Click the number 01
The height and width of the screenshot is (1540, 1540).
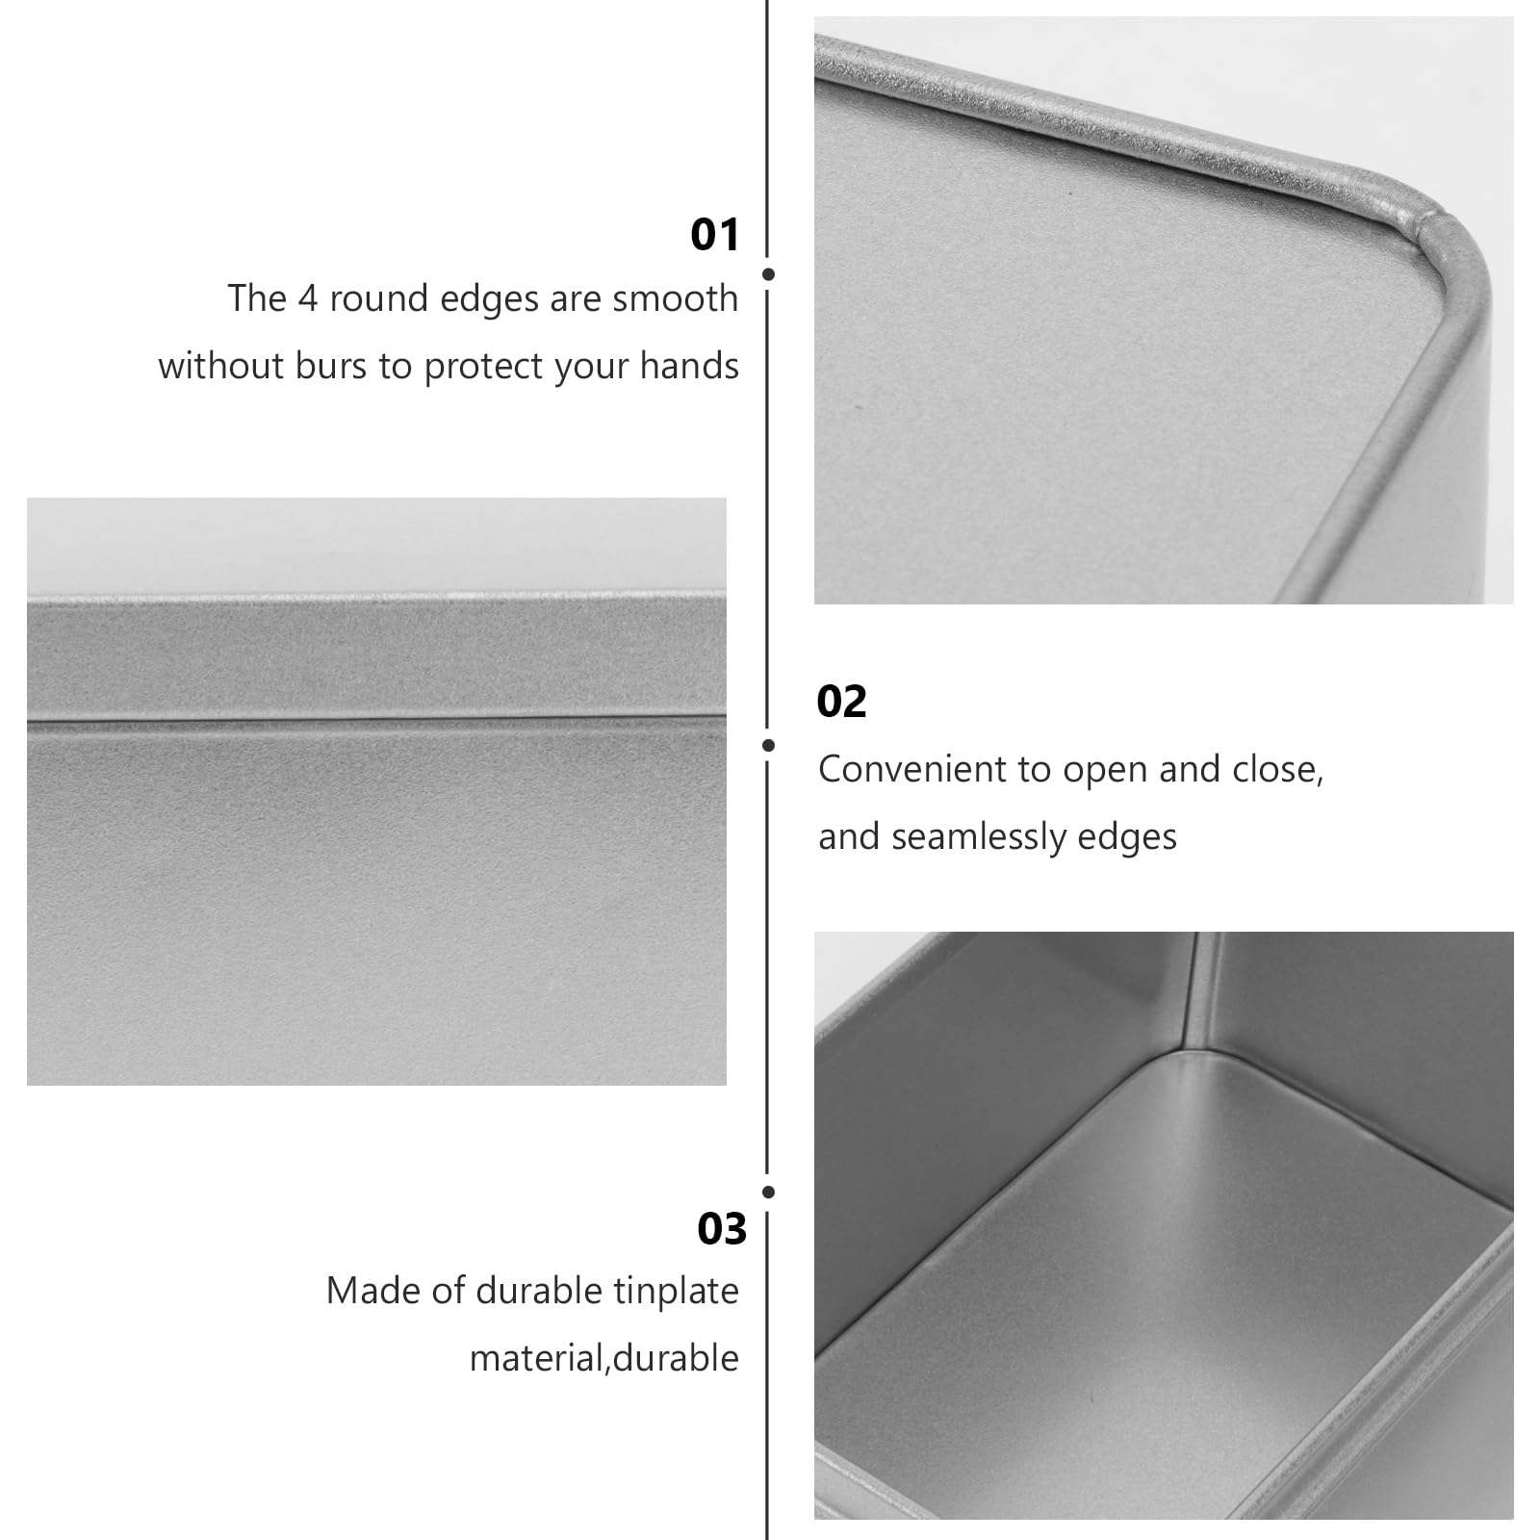click(715, 235)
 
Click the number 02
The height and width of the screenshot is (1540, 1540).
click(841, 702)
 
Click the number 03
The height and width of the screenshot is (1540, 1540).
click(722, 1229)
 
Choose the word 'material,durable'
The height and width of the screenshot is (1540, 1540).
click(604, 1358)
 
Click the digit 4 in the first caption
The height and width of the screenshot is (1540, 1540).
click(307, 299)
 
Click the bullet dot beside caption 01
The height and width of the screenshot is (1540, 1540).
click(768, 274)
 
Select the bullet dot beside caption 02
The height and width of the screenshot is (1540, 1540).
click(768, 745)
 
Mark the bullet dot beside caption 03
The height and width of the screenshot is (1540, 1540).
click(768, 1192)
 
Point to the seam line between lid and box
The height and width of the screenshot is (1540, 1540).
click(376, 719)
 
